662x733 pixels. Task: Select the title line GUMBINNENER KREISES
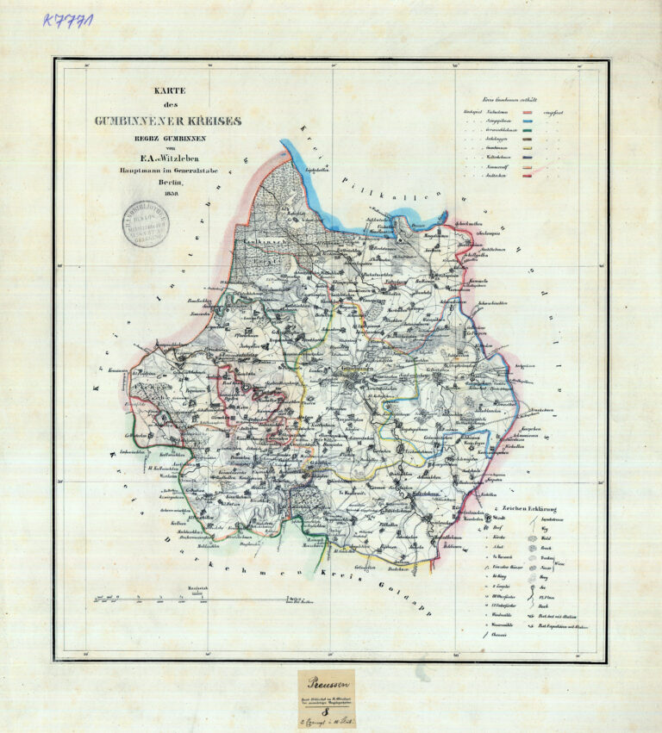168,121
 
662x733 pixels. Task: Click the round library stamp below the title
145,224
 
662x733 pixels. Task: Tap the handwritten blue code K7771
69,19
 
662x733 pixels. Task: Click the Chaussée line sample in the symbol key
490,635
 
